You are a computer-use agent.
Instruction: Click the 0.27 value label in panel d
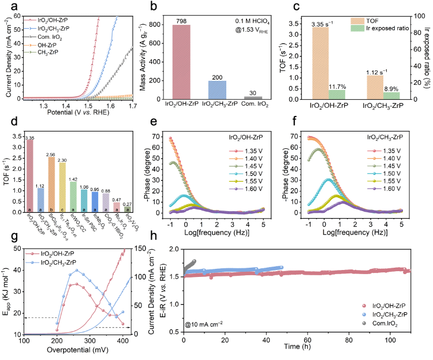pyautogui.click(x=128, y=204)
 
